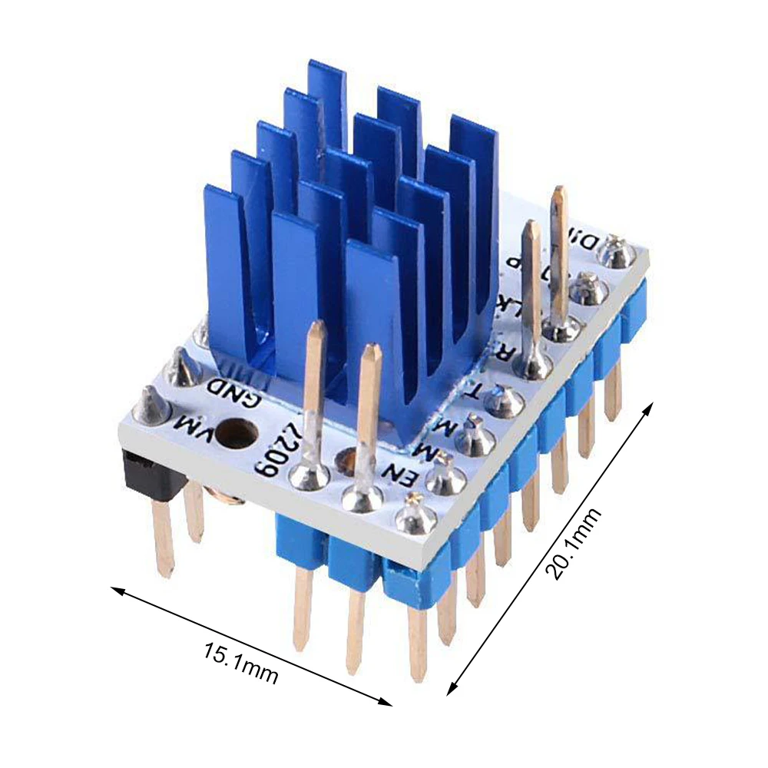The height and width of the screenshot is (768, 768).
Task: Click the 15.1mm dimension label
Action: (240, 663)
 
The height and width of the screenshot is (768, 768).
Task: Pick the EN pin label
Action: (401, 477)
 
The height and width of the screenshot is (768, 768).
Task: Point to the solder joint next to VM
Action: (152, 406)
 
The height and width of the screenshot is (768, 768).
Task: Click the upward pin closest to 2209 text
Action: (313, 399)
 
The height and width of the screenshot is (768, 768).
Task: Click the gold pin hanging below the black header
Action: (163, 538)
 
